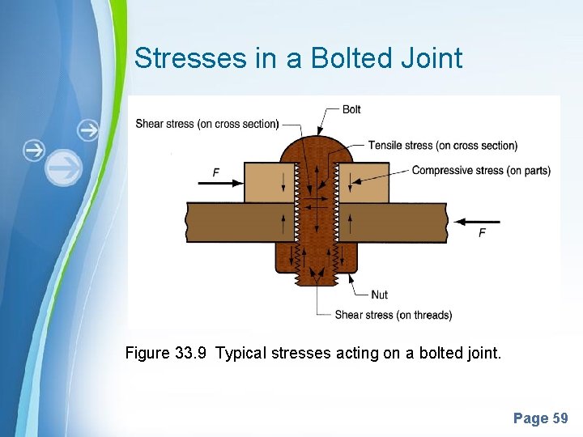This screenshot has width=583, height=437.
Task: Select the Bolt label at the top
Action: [351, 109]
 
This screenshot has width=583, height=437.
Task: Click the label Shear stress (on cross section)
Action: [207, 124]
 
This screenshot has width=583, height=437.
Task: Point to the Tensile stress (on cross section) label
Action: [442, 146]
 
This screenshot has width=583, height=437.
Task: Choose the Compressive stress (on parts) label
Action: [481, 170]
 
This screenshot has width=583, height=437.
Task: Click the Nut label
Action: [379, 295]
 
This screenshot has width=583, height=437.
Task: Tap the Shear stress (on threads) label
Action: [394, 315]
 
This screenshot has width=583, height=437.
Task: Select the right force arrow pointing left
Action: [478, 220]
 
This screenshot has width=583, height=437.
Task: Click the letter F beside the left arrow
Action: [215, 172]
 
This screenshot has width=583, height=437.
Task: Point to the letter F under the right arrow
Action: [482, 233]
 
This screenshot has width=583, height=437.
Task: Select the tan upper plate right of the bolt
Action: [364, 182]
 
